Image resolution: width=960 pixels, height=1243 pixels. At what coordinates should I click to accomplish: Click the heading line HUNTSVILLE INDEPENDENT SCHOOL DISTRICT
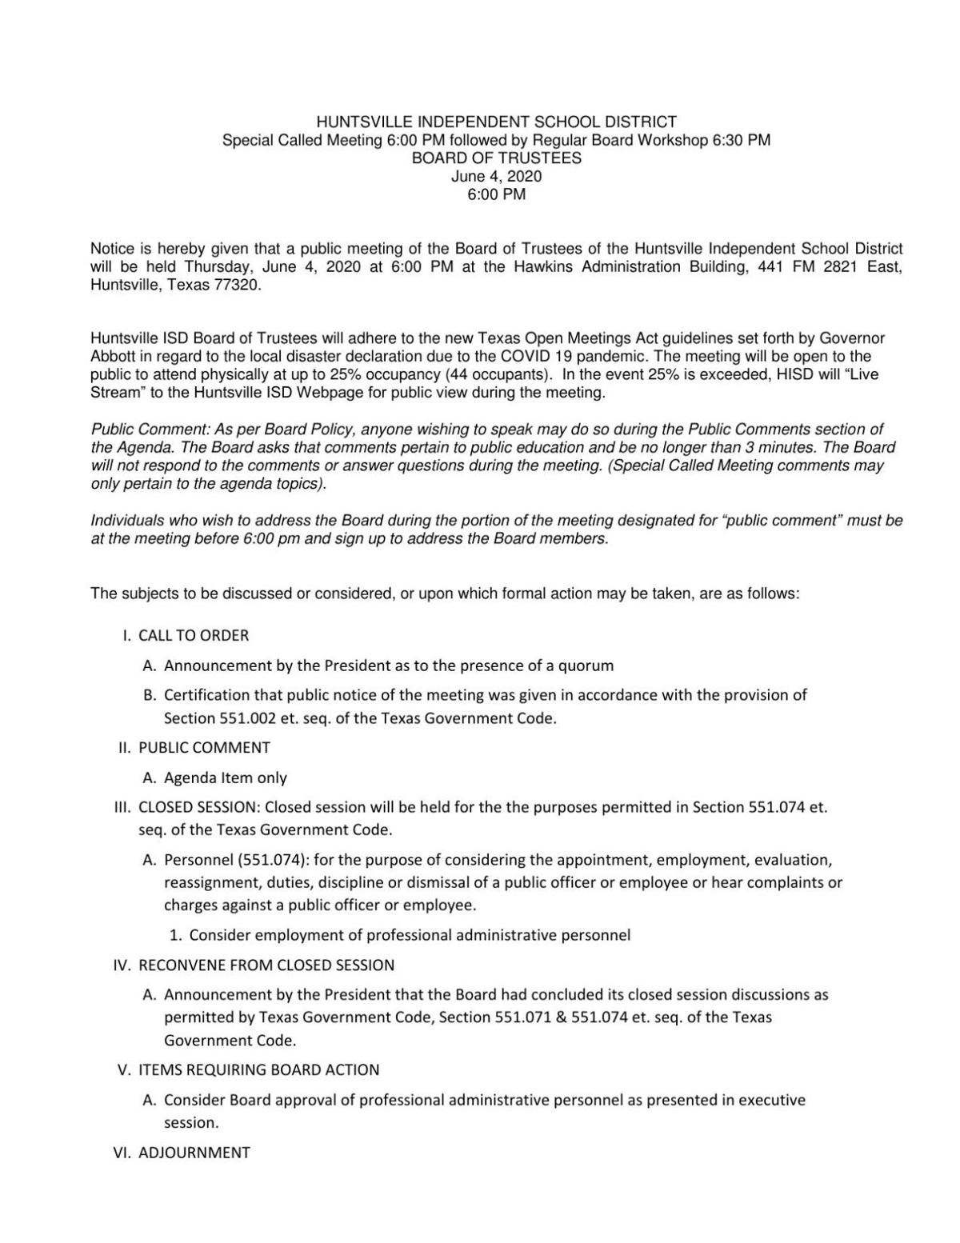coord(496,122)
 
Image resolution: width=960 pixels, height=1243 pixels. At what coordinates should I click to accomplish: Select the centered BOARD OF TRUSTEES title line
coord(496,158)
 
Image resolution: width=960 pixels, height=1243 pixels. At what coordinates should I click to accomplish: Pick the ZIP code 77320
coord(238,285)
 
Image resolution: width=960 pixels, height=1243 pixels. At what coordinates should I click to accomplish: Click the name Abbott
coord(113,357)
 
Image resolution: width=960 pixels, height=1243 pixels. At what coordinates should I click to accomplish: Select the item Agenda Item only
coord(225,777)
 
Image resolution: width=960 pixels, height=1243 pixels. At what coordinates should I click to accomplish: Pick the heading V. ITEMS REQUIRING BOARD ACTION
coord(248,1070)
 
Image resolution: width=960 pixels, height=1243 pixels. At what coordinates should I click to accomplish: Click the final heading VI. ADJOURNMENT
coord(183,1153)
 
